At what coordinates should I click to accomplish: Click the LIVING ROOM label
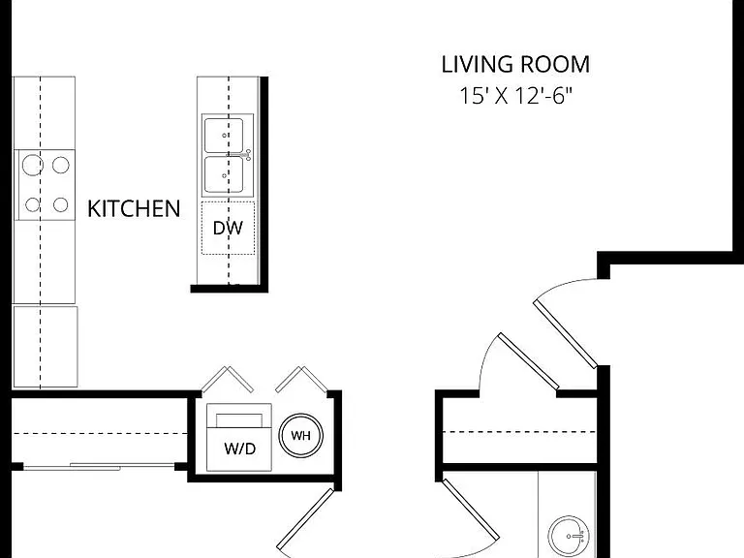[515, 65]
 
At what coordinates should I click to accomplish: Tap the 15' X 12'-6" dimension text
[516, 96]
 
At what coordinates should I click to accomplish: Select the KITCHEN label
[134, 209]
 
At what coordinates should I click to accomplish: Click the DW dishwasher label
[228, 229]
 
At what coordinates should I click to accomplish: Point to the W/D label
[239, 449]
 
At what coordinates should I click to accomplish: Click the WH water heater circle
[301, 436]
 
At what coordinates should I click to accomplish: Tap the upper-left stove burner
[32, 165]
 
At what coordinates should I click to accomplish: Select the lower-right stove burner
[60, 204]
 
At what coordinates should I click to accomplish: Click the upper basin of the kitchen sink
[224, 136]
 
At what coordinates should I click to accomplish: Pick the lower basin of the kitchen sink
[224, 175]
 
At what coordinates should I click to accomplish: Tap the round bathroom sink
[569, 535]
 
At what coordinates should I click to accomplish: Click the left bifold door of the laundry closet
[227, 379]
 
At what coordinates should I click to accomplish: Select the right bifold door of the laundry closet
[302, 379]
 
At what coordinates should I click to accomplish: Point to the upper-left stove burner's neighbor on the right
[61, 165]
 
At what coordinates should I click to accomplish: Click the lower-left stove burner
[32, 205]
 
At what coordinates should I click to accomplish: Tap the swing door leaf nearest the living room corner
[565, 333]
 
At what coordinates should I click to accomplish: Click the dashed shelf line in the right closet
[519, 432]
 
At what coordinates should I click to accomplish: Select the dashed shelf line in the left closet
[100, 433]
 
